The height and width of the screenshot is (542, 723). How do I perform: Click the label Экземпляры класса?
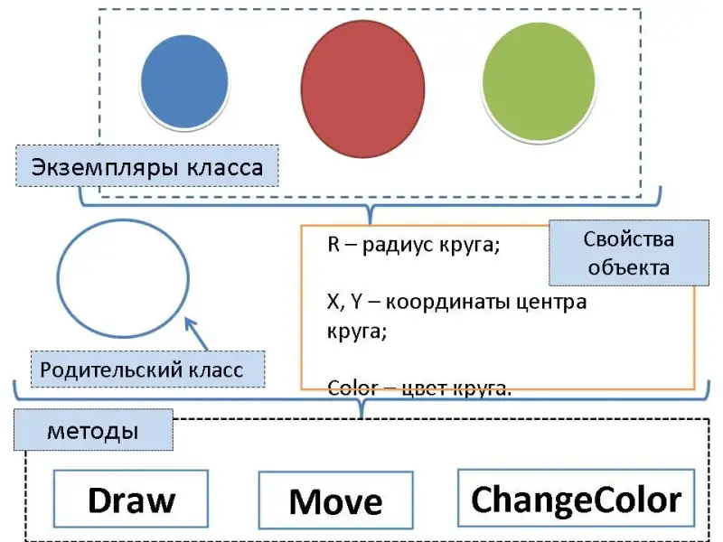[x=147, y=167]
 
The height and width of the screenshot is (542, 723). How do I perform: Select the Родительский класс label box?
[x=142, y=369]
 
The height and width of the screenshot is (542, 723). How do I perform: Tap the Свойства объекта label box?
[x=629, y=253]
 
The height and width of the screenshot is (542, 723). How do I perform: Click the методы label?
[x=93, y=431]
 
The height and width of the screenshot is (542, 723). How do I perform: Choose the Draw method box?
[x=131, y=500]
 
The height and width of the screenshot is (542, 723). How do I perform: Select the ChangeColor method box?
[x=576, y=499]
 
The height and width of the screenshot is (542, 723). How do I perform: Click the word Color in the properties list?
[x=352, y=389]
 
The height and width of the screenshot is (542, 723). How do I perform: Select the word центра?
[x=552, y=302]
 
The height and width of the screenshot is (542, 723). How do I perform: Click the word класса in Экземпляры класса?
[x=226, y=167]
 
